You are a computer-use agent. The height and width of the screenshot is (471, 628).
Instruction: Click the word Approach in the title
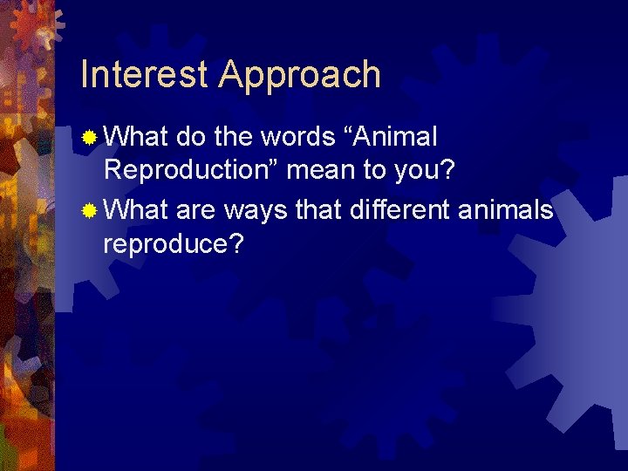pos(300,77)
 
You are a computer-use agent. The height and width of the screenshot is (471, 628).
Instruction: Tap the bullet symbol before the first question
pos(90,137)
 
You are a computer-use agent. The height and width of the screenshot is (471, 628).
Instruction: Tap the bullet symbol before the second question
pos(90,210)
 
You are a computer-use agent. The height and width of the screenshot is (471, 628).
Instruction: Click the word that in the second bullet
pos(317,210)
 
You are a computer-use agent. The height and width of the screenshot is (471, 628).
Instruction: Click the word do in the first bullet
pos(188,137)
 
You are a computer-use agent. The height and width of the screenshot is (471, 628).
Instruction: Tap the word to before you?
pos(375,170)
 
